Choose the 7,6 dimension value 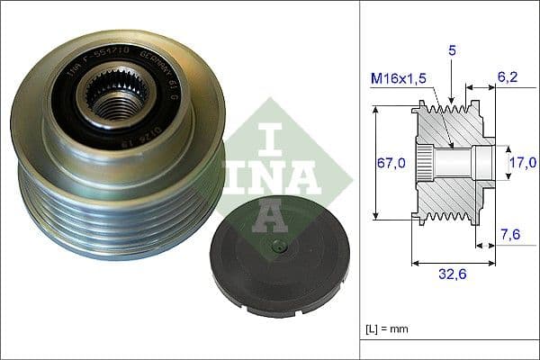509,235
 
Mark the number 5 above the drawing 453,53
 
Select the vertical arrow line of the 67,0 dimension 375,162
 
